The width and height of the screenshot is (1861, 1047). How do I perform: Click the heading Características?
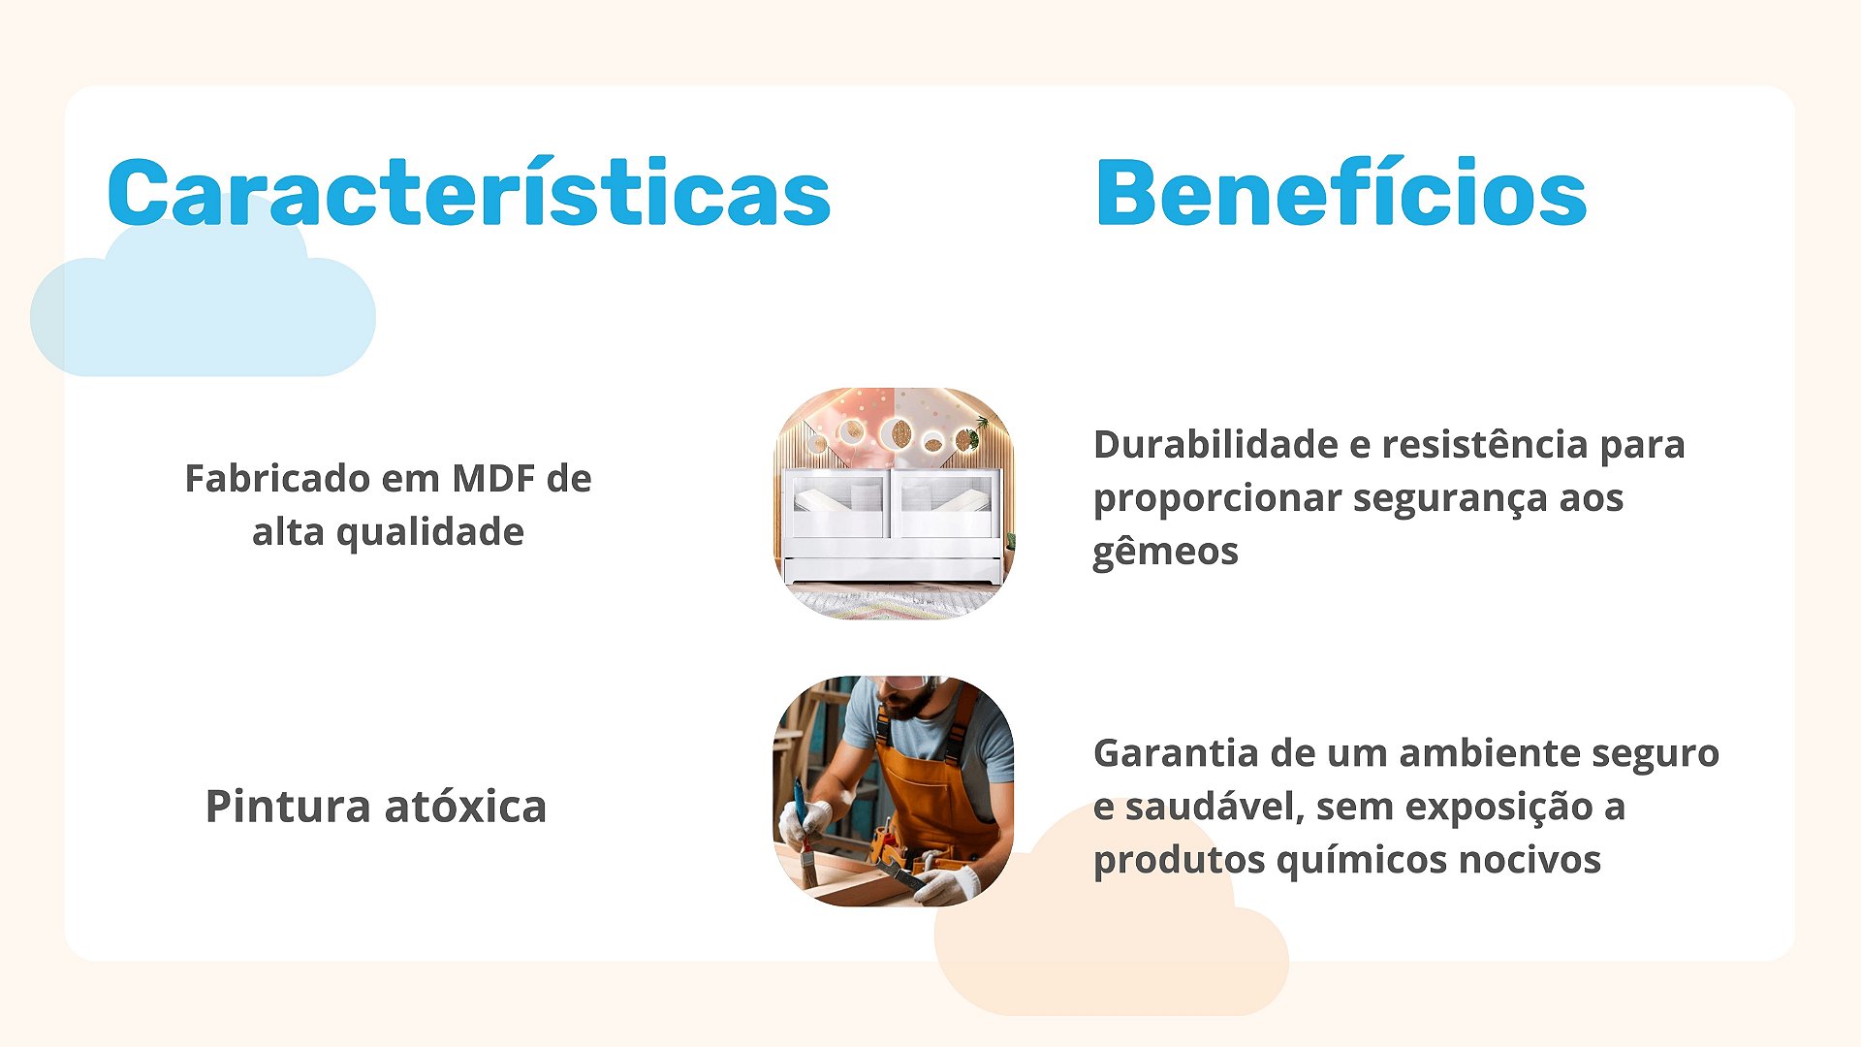[x=469, y=192]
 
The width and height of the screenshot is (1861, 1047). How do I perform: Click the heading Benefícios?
[x=1341, y=192]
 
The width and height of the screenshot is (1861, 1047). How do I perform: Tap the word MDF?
[x=494, y=478]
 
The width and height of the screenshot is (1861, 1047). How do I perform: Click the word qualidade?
[x=430, y=533]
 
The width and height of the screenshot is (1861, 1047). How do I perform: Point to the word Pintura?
[x=288, y=806]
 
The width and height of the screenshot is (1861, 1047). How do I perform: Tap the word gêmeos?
[x=1165, y=553]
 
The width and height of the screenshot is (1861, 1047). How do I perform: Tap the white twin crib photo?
[x=893, y=503]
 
